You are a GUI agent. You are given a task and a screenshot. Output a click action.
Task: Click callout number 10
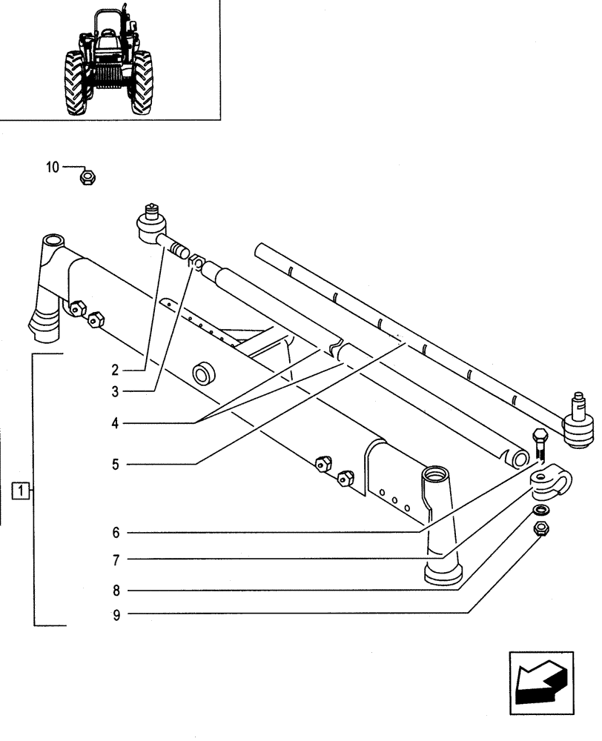tap(51, 168)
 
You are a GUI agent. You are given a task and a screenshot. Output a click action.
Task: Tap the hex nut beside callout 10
tap(86, 177)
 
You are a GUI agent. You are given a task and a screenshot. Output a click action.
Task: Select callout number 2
tap(116, 368)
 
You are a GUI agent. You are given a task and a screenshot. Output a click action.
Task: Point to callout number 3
tap(116, 390)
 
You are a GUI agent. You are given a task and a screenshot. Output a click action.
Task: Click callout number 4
tap(116, 423)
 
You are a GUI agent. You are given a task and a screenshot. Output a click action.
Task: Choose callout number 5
tap(116, 465)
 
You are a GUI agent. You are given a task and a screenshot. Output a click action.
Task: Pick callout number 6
tap(116, 532)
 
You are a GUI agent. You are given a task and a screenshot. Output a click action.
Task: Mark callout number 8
tap(116, 591)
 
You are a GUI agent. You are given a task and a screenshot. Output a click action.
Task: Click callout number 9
tap(116, 613)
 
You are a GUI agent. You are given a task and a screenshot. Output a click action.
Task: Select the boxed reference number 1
tap(23, 490)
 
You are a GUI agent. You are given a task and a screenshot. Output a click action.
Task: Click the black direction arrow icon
tap(540, 679)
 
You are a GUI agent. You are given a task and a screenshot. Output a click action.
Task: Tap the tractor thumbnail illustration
tap(110, 63)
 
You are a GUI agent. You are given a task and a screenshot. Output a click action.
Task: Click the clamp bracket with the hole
tap(550, 482)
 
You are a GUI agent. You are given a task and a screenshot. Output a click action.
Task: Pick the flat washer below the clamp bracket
tap(542, 511)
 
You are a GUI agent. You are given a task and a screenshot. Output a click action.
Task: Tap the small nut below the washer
tap(541, 529)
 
